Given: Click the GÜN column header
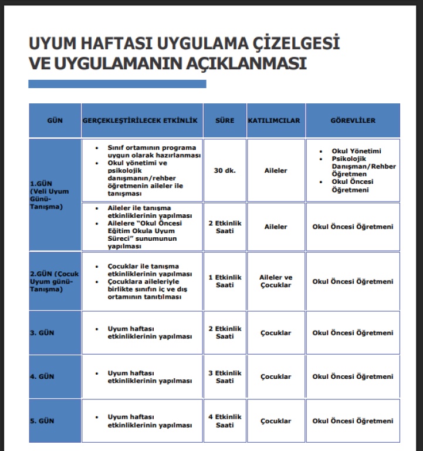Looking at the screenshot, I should pyautogui.click(x=55, y=120).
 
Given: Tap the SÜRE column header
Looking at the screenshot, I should pyautogui.click(x=225, y=120).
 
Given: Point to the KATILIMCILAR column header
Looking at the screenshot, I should pyautogui.click(x=275, y=120).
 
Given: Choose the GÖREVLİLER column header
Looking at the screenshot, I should pyautogui.click(x=353, y=120).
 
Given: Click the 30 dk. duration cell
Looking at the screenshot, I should pyautogui.click(x=225, y=170).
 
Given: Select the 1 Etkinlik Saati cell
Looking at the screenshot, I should pyautogui.click(x=225, y=281).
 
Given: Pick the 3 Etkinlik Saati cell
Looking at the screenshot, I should pyautogui.click(x=225, y=377).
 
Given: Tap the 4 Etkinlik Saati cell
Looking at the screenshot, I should pyautogui.click(x=225, y=421).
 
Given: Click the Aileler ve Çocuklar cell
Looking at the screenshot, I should pyautogui.click(x=275, y=281).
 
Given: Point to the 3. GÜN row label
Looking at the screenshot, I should pyautogui.click(x=42, y=333).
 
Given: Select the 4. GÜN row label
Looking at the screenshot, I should pyautogui.click(x=42, y=377).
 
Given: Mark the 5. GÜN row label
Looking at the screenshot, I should pyautogui.click(x=42, y=421).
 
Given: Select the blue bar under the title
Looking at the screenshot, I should pyautogui.click(x=117, y=84).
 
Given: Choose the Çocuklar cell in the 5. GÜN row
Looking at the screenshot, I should pyautogui.click(x=275, y=421).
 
